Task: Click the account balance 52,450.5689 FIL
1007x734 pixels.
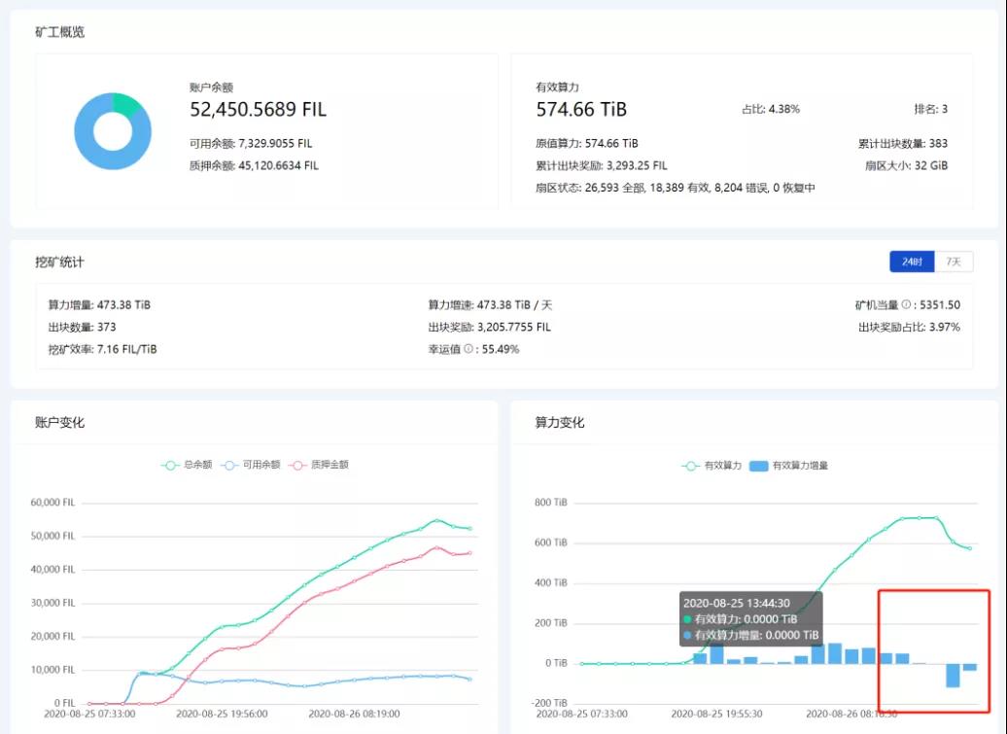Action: [x=258, y=110]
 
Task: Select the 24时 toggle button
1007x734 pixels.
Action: [x=912, y=262]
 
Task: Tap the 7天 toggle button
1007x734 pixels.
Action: [x=954, y=262]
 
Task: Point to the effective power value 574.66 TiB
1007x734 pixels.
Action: [x=581, y=110]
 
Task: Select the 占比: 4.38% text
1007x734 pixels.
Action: [x=770, y=109]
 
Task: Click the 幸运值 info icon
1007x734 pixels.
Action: [x=469, y=349]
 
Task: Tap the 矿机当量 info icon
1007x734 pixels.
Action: [x=906, y=305]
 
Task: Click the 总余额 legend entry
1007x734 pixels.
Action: [x=187, y=465]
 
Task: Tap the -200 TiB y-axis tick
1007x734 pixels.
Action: [x=548, y=703]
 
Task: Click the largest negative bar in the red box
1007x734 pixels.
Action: [x=953, y=675]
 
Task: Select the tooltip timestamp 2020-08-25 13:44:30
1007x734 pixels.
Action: [x=736, y=603]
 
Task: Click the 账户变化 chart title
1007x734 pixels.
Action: [x=59, y=423]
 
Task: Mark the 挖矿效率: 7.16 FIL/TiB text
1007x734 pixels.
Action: [x=102, y=349]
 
